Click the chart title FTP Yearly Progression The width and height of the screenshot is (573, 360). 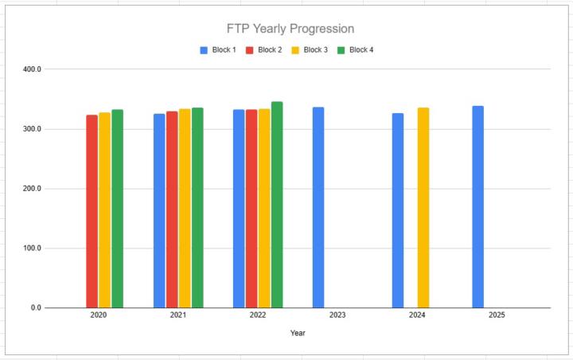[290, 29]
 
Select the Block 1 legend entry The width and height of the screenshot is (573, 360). [218, 50]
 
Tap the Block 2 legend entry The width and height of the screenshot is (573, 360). [263, 50]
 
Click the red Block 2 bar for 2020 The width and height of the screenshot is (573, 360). [92, 211]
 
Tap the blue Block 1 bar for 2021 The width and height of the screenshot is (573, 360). [159, 210]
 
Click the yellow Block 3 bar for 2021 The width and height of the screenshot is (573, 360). [185, 208]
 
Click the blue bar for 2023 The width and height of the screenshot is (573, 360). [318, 207]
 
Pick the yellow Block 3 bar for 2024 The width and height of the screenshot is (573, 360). [423, 208]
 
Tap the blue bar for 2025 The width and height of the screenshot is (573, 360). [477, 207]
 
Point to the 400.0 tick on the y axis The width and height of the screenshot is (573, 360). [32, 69]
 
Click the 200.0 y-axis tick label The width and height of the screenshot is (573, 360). [32, 189]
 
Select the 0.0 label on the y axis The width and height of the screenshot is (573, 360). [35, 307]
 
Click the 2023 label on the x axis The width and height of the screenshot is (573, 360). [337, 315]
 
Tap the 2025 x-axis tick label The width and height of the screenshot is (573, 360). [497, 315]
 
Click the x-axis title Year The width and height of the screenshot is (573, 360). [298, 333]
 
